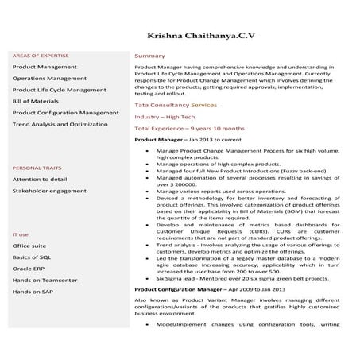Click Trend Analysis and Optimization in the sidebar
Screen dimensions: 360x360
pyautogui.click(x=60, y=125)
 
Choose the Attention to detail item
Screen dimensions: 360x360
pyautogui.click(x=39, y=180)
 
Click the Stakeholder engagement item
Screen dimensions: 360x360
pyautogui.click(x=49, y=192)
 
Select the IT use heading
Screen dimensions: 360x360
pyautogui.click(x=21, y=235)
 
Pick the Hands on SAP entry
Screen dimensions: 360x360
pyautogui.click(x=33, y=292)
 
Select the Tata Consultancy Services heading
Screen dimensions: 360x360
pyautogui.click(x=175, y=105)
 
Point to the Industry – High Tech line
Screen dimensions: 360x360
pyautogui.click(x=165, y=117)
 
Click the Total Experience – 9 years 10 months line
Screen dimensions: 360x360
pyautogui.click(x=189, y=128)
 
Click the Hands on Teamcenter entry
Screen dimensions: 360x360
pyautogui.click(x=45, y=281)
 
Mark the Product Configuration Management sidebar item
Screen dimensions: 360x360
pyautogui.click(x=65, y=113)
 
